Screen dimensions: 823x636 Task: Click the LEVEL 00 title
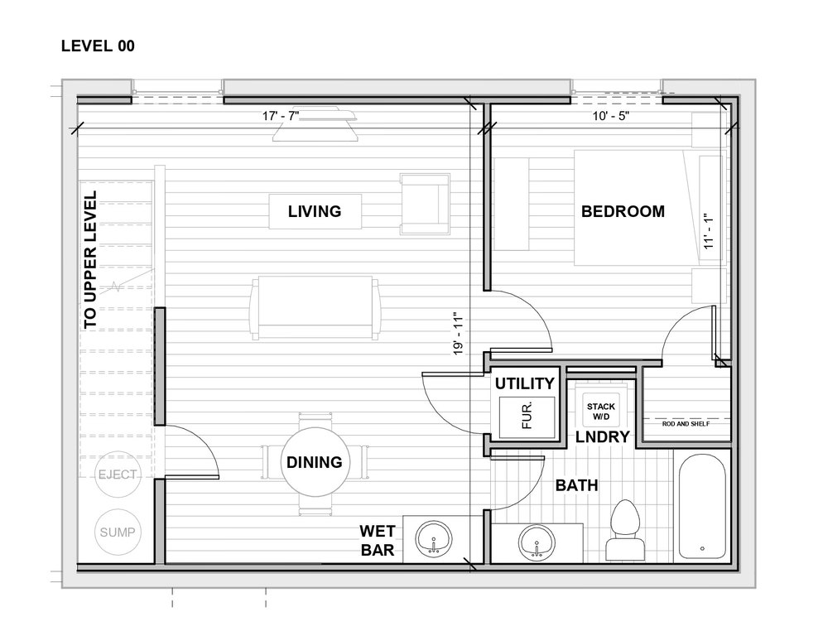pyautogui.click(x=98, y=46)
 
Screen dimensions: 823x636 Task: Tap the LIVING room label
pyautogui.click(x=315, y=211)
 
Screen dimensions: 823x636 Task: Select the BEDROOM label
pyautogui.click(x=623, y=211)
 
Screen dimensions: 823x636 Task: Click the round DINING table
pyautogui.click(x=315, y=462)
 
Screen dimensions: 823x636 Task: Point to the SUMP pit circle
pyautogui.click(x=118, y=532)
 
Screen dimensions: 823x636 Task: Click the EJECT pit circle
pyautogui.click(x=118, y=475)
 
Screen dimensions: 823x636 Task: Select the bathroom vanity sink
pyautogui.click(x=537, y=542)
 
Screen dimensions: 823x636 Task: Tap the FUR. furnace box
pyautogui.click(x=527, y=417)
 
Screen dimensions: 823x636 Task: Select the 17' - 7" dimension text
pyautogui.click(x=281, y=116)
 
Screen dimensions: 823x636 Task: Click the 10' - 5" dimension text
pyautogui.click(x=611, y=116)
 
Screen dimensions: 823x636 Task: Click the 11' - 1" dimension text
pyautogui.click(x=709, y=230)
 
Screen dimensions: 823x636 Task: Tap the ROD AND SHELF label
pyautogui.click(x=686, y=424)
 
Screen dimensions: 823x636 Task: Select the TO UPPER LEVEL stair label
pyautogui.click(x=90, y=260)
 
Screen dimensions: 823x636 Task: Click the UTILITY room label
pyautogui.click(x=525, y=383)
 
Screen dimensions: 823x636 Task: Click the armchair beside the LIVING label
pyautogui.click(x=425, y=204)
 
